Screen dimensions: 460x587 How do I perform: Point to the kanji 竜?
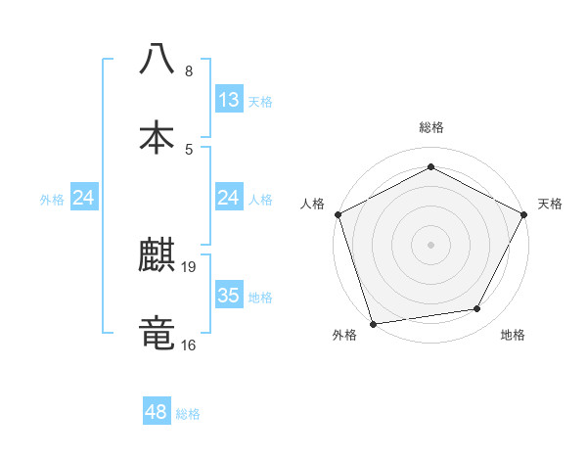click(157, 332)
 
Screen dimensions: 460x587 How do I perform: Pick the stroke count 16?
click(190, 345)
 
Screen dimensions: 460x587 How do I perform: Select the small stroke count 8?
click(189, 71)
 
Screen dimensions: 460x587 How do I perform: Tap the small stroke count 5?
click(189, 149)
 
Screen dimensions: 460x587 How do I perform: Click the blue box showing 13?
click(229, 100)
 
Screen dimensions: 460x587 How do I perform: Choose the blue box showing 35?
click(229, 296)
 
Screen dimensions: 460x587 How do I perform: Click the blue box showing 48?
click(157, 412)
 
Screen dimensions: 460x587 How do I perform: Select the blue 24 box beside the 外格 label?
click(84, 199)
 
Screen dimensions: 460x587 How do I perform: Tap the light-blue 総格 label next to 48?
click(188, 414)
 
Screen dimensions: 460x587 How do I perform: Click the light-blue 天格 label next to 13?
click(260, 102)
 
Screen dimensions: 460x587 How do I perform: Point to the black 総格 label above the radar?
click(431, 127)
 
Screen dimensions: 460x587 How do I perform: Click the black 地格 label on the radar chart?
click(513, 336)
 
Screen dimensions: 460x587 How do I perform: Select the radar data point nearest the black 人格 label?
click(337, 213)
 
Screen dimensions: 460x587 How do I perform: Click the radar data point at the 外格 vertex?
click(373, 323)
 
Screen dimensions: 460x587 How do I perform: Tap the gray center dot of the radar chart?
click(431, 244)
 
